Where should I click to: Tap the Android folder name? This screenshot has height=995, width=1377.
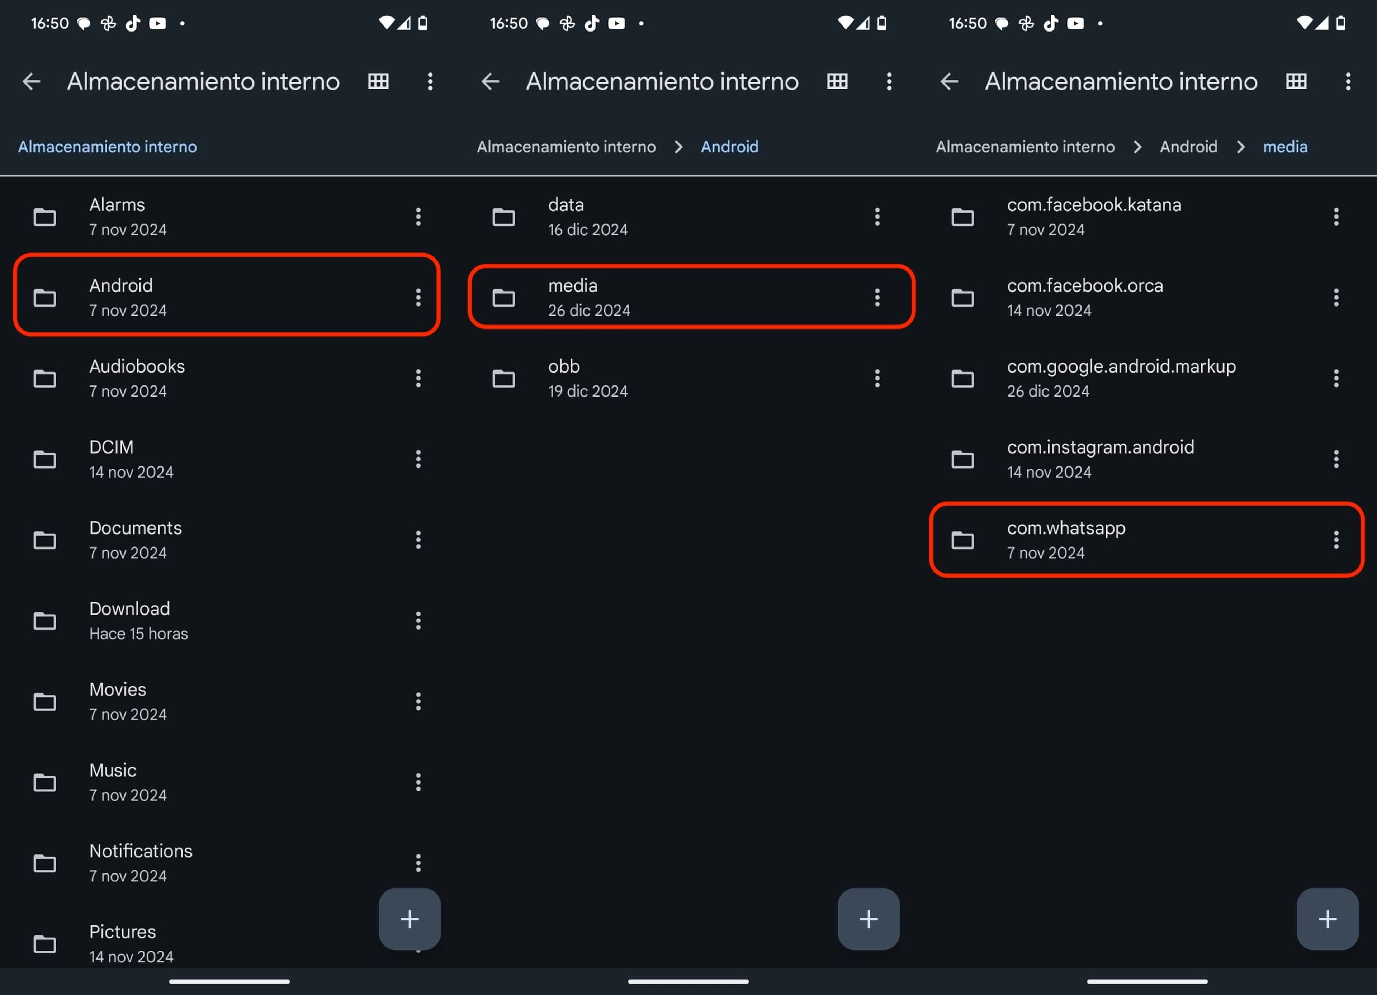(x=121, y=285)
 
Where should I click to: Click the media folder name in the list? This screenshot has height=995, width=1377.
(x=573, y=285)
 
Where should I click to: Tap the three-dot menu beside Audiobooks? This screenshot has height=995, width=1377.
(x=418, y=378)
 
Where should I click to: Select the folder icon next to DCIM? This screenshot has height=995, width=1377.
(x=44, y=460)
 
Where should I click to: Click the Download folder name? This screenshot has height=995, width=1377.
(x=129, y=609)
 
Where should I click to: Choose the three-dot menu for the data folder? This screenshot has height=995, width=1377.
(x=877, y=217)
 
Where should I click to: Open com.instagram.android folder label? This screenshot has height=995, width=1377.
(x=1100, y=447)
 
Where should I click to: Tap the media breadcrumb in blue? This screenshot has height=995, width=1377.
(x=1285, y=147)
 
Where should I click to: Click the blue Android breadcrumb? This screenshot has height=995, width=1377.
(x=729, y=147)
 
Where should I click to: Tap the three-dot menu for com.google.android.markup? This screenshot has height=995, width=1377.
(x=1336, y=378)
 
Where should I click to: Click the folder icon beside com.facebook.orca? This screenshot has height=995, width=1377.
(x=962, y=298)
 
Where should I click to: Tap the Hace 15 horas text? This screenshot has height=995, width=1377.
(x=138, y=634)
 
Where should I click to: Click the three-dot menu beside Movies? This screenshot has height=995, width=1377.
(x=418, y=701)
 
